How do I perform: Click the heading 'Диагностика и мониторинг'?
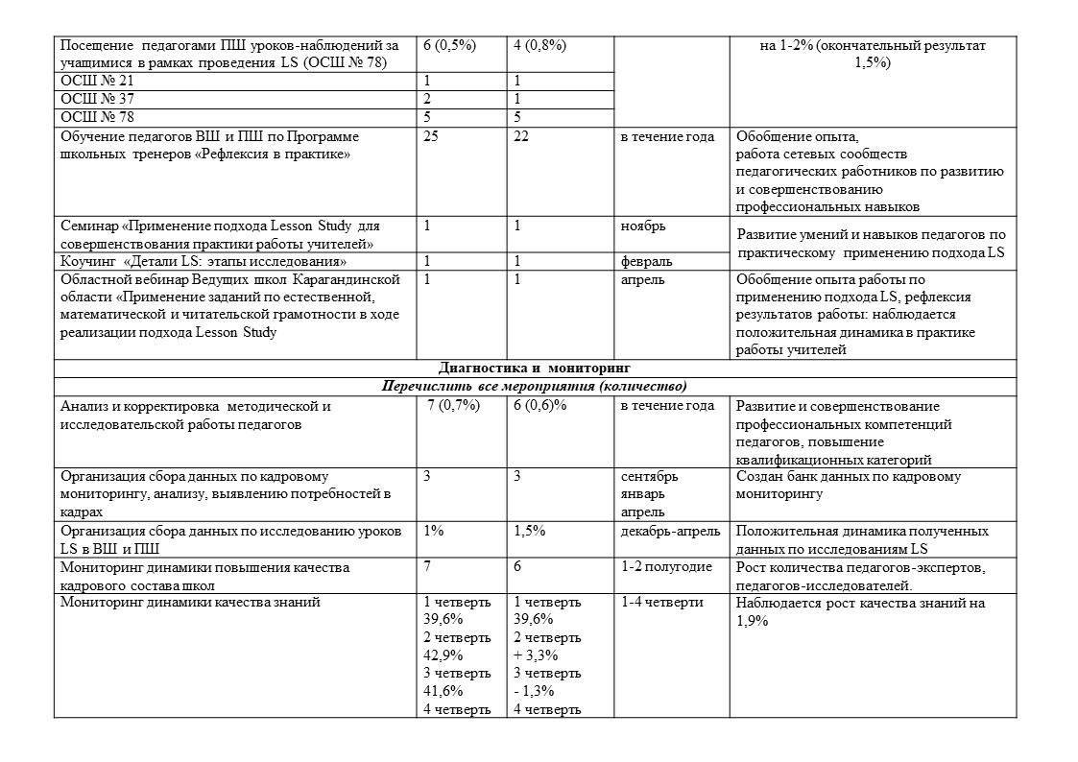coord(534,368)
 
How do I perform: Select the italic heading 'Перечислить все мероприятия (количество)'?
coord(534,387)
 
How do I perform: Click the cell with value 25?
coord(431,136)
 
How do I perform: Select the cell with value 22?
coord(522,136)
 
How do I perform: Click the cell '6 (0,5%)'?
coord(450,45)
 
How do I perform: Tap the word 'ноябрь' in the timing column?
coord(643,226)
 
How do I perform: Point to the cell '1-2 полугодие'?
coord(666,567)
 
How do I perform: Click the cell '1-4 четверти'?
coord(662,603)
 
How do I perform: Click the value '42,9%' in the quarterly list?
coord(443,655)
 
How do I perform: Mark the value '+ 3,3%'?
coord(536,655)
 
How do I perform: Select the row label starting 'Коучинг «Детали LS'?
coord(204,261)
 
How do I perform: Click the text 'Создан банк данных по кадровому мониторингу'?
coord(849,486)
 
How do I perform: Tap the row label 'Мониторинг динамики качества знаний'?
coord(190,603)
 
